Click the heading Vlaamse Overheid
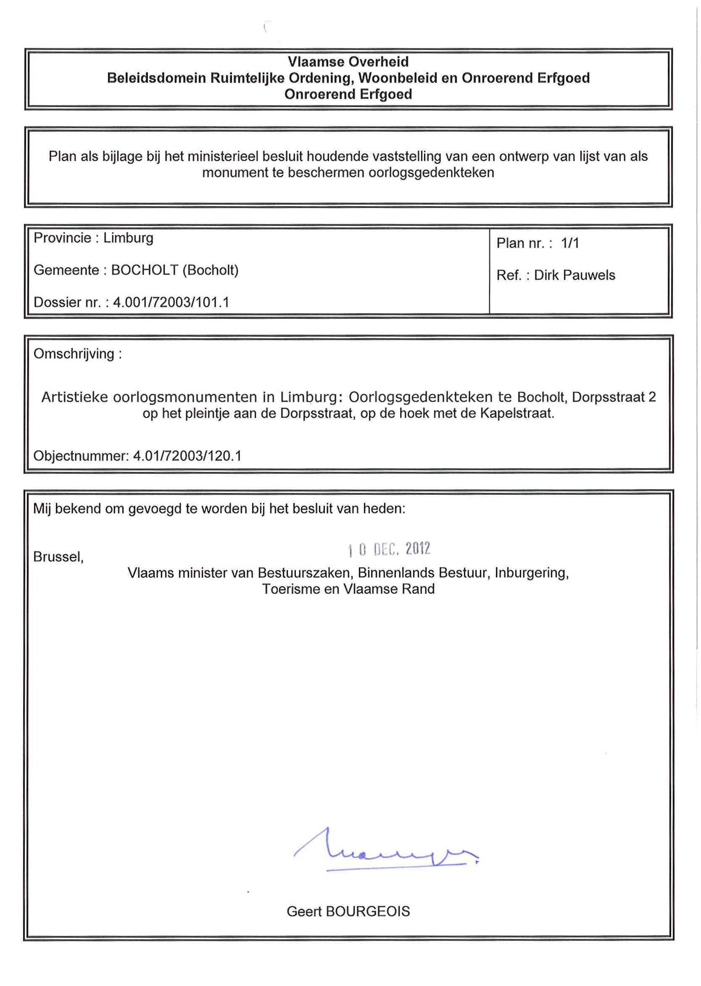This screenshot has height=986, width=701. [x=348, y=62]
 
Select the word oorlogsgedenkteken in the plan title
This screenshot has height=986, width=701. [x=431, y=173]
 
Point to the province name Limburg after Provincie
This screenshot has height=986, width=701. [x=128, y=238]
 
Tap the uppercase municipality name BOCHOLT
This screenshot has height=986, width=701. [x=145, y=270]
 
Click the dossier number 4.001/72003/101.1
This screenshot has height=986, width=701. [x=171, y=302]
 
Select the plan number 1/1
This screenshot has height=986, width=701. [x=570, y=243]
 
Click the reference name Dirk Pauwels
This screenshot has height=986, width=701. [x=575, y=275]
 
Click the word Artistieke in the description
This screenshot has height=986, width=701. [x=75, y=397]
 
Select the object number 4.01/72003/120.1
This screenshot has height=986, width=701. [x=187, y=456]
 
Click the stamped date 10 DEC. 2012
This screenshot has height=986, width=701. [x=389, y=549]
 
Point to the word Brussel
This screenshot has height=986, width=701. [x=58, y=557]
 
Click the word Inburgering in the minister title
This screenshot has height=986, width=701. [x=531, y=573]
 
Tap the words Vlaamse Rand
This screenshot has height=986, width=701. [x=388, y=589]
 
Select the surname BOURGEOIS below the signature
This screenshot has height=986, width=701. [x=368, y=911]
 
